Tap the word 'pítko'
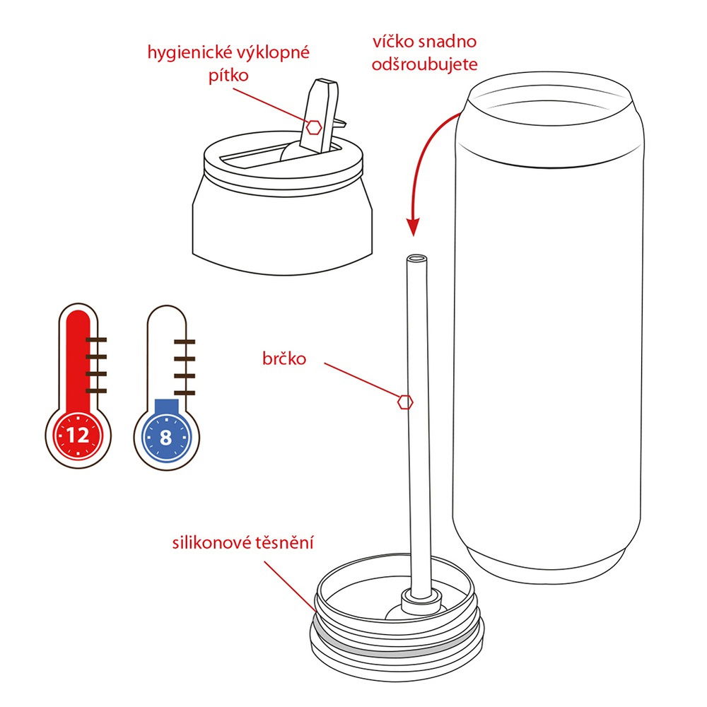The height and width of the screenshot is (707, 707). [x=228, y=76]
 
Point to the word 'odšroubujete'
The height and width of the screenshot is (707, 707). [x=424, y=64]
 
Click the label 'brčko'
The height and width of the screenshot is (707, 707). [x=284, y=358]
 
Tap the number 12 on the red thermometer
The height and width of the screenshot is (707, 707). [x=78, y=436]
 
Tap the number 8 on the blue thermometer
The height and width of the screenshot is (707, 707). [x=166, y=438]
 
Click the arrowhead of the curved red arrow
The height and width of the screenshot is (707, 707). [x=413, y=227]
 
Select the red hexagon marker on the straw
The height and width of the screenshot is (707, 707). [x=405, y=402]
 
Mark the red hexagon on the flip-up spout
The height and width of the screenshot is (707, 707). [x=314, y=127]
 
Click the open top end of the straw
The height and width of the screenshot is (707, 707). [x=416, y=259]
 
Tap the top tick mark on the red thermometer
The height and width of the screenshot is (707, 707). [x=96, y=339]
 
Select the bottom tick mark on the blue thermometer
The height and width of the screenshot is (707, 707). [x=185, y=393]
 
